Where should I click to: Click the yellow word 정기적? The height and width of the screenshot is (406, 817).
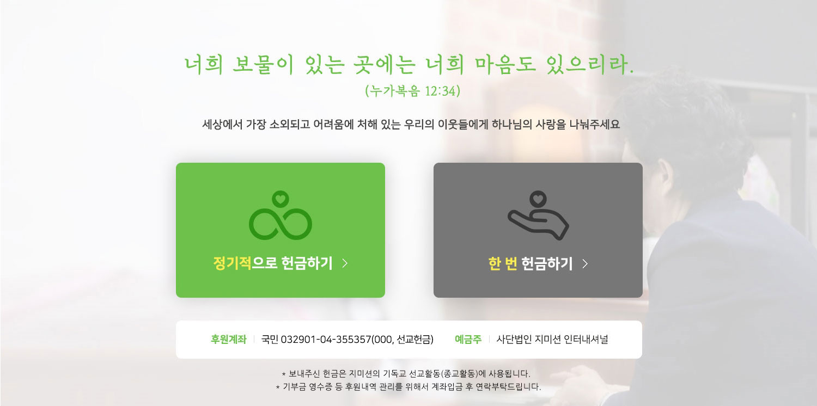pyautogui.click(x=232, y=263)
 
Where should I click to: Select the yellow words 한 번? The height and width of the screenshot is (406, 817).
pyautogui.click(x=503, y=263)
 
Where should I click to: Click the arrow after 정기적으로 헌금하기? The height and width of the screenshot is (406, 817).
pyautogui.click(x=345, y=263)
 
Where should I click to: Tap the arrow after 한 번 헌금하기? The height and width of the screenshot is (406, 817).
pyautogui.click(x=585, y=263)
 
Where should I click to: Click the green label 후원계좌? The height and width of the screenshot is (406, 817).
pyautogui.click(x=229, y=339)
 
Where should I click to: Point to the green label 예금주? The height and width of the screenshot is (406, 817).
pyautogui.click(x=468, y=339)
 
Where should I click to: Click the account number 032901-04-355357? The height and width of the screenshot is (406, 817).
pyautogui.click(x=326, y=340)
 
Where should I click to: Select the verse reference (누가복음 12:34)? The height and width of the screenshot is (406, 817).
pyautogui.click(x=412, y=91)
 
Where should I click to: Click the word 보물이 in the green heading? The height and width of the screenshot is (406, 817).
pyautogui.click(x=263, y=65)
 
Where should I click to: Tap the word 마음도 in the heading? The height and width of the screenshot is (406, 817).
pyautogui.click(x=505, y=65)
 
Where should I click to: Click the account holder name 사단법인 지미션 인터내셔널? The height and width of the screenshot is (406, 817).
pyautogui.click(x=552, y=339)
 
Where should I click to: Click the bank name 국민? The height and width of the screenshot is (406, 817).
pyautogui.click(x=270, y=339)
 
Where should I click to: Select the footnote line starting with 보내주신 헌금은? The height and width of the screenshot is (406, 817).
pyautogui.click(x=406, y=373)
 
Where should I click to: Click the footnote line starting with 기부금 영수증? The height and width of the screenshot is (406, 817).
pyautogui.click(x=408, y=387)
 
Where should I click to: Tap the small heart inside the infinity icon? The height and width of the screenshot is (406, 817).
pyautogui.click(x=280, y=199)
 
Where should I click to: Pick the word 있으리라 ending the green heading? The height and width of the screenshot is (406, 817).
pyautogui.click(x=590, y=65)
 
